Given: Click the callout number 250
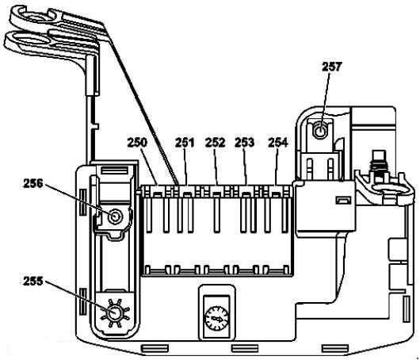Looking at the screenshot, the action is (137, 143).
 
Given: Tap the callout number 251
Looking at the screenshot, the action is (185, 143).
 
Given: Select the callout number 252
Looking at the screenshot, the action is (215, 143).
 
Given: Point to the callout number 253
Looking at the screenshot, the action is (244, 143).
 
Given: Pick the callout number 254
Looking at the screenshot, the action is (278, 143).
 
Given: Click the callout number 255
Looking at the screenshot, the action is (33, 281).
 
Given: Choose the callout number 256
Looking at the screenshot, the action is (33, 184).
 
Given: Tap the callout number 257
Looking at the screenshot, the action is (332, 67).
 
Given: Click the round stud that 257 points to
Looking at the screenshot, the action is (320, 132).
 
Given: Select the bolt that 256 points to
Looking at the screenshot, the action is (116, 216).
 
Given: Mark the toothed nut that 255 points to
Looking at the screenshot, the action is (114, 313).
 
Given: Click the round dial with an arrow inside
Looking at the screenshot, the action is (216, 319).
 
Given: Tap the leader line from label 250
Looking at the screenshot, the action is (149, 167).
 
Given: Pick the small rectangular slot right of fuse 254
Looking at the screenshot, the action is (343, 200).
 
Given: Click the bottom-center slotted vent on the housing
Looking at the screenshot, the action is (245, 348).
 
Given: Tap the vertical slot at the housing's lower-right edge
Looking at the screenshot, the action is (406, 309).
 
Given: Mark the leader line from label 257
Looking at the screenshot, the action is (325, 101).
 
